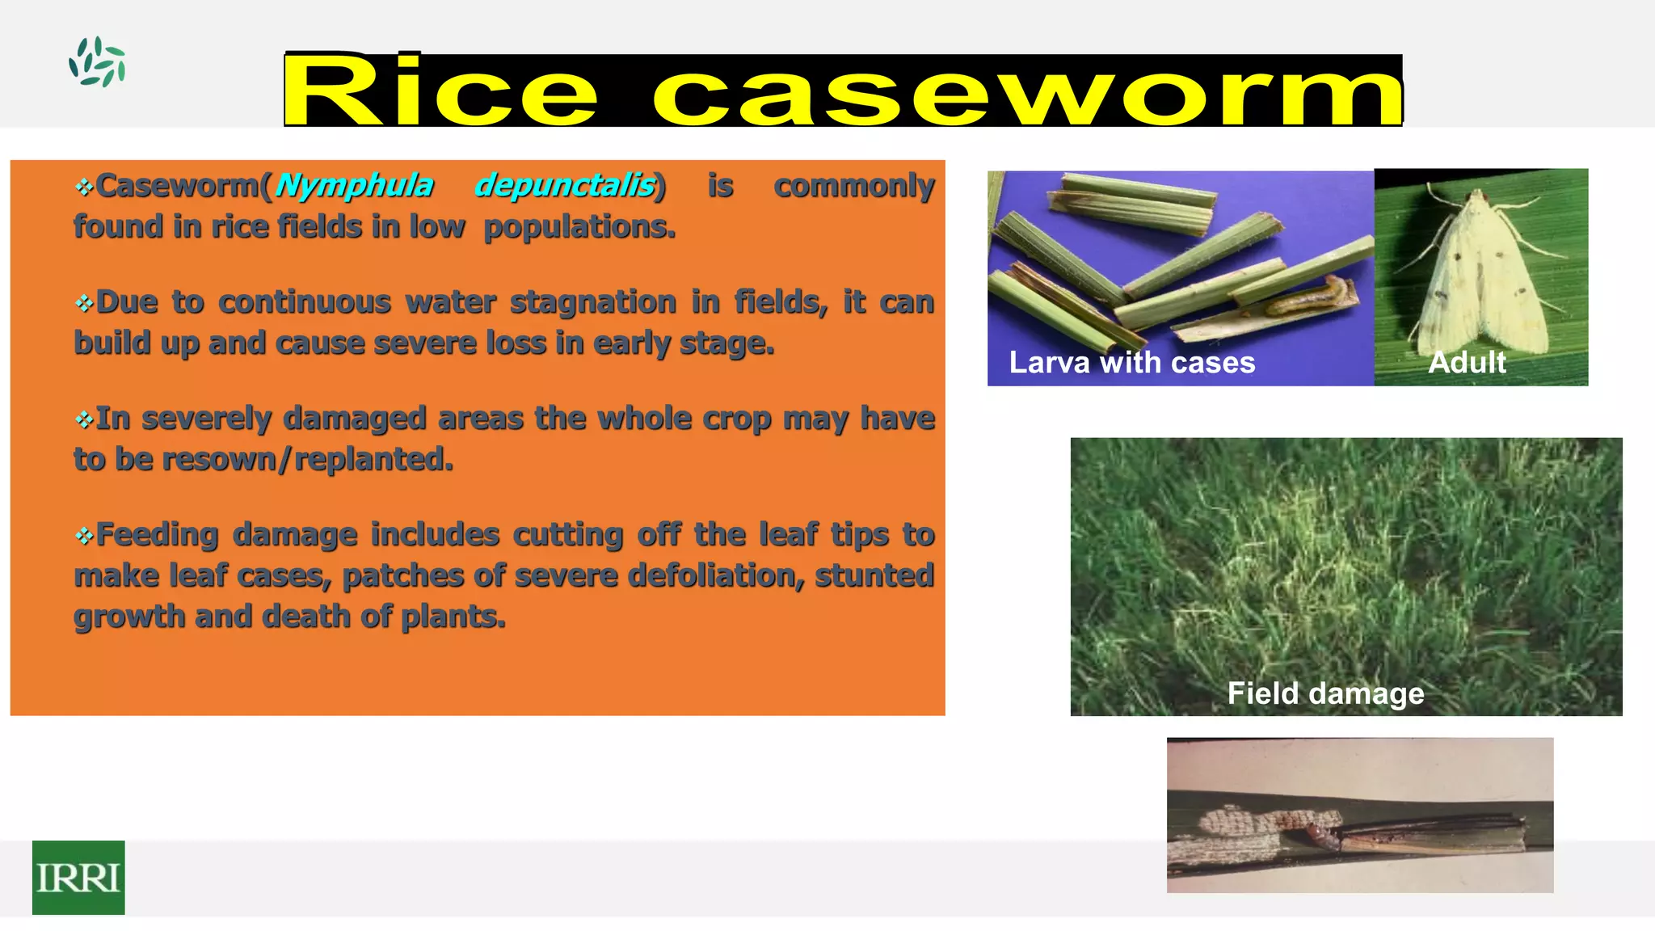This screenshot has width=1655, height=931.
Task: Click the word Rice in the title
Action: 440,91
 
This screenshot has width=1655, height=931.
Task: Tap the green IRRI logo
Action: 78,877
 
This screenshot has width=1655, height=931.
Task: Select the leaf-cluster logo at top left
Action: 97,62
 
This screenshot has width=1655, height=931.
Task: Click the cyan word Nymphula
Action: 354,186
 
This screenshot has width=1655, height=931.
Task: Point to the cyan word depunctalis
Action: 565,186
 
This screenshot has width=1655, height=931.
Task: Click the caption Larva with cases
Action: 1131,363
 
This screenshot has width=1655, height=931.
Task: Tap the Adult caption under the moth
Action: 1467,362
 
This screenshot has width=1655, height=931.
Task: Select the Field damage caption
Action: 1325,693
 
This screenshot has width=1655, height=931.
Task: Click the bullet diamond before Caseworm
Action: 84,187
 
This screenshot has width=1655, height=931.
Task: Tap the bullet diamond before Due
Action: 84,304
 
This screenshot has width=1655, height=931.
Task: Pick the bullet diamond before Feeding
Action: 84,536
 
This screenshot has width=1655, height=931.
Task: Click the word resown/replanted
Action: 373,459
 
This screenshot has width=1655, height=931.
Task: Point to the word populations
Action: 579,227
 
